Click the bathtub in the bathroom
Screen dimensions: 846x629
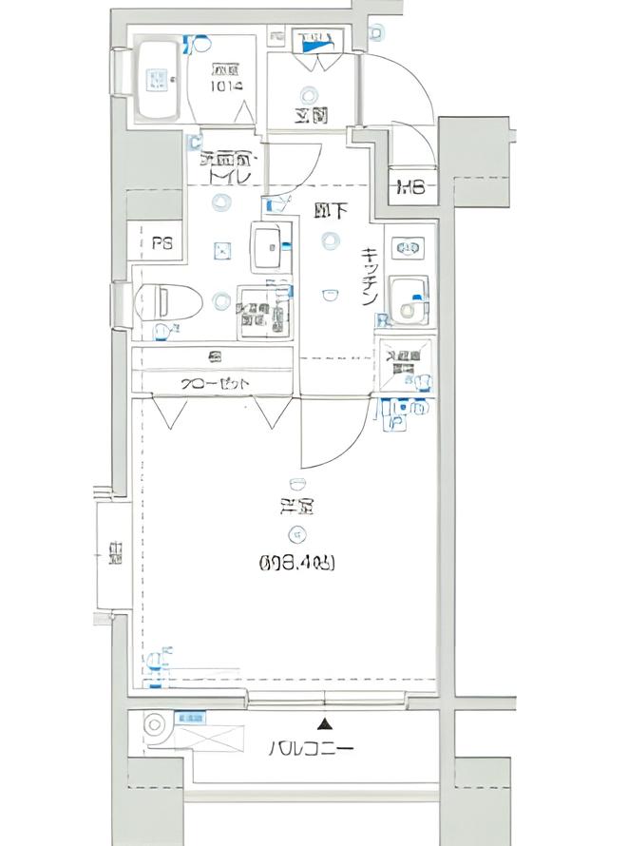pyautogui.click(x=159, y=80)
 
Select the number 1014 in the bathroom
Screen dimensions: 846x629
pyautogui.click(x=227, y=86)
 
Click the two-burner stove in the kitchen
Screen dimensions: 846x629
pyautogui.click(x=410, y=249)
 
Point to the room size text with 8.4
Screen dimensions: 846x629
pyautogui.click(x=296, y=563)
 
